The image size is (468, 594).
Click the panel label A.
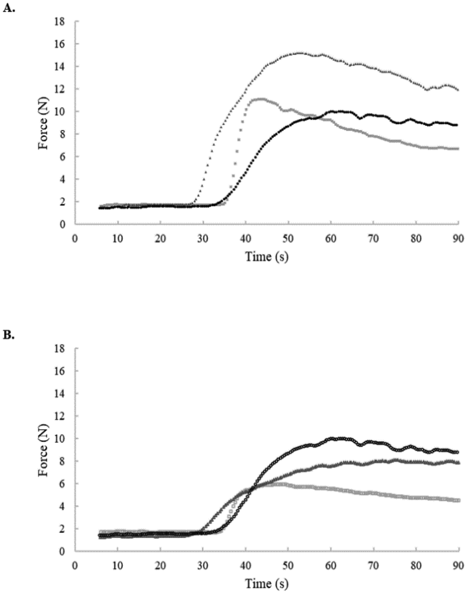tap(9, 9)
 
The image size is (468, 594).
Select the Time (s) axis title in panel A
tap(267, 256)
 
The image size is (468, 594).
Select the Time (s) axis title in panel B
tap(267, 583)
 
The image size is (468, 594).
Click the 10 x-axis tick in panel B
tap(118, 565)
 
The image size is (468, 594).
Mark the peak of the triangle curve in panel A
tap(299, 53)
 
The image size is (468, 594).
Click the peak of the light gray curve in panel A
tap(260, 99)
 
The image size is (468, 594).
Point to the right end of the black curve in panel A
tap(457, 125)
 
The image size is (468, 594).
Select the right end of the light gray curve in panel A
tap(457, 149)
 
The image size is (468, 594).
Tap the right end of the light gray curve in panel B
tap(457, 500)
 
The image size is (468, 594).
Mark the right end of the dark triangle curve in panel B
tap(457, 462)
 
